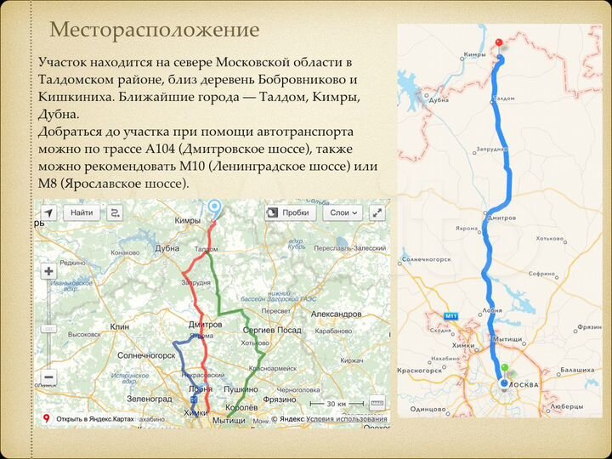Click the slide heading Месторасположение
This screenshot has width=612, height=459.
[x=154, y=31]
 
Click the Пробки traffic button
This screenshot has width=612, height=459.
[x=290, y=212]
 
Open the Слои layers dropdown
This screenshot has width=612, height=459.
[x=344, y=212]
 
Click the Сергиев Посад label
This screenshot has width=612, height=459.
[x=271, y=330]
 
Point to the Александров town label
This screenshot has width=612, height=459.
[x=337, y=314]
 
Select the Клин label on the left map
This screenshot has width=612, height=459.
[x=119, y=326]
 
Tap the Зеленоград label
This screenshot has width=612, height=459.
[x=149, y=398]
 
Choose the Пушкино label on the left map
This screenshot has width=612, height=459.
[x=241, y=388]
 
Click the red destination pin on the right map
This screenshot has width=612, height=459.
[x=500, y=42]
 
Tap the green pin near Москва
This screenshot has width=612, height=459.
[x=504, y=370]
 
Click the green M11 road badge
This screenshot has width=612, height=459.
[x=450, y=315]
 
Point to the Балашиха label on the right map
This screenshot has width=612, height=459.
[x=578, y=371]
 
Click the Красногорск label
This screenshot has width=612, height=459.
[x=421, y=371]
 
